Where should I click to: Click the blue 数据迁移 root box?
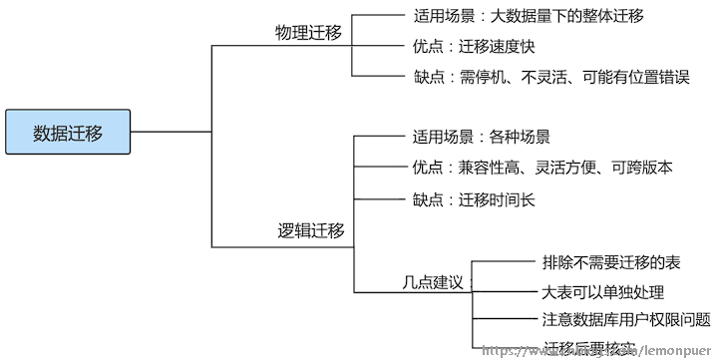[x=68, y=131]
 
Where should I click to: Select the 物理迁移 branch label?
[x=308, y=33]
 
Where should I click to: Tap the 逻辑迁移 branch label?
[x=310, y=231]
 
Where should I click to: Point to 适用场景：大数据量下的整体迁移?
[x=528, y=16]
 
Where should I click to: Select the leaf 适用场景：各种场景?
[x=481, y=137]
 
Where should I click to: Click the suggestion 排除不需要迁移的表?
[x=611, y=262]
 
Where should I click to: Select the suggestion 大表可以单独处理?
[x=602, y=292]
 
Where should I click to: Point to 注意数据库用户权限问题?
[x=626, y=320]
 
